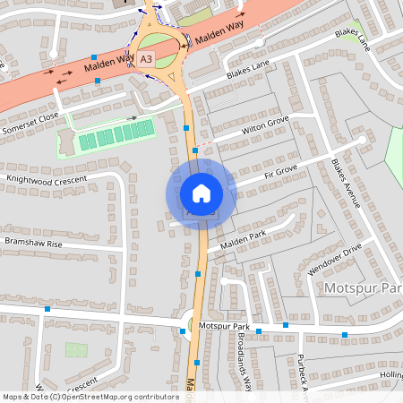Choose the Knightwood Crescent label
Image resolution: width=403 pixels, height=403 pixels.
coord(46,179)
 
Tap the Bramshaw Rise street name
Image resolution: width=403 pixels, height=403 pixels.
coord(32,243)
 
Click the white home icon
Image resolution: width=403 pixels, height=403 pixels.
coord(201,193)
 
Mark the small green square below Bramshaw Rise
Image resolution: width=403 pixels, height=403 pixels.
coord(77,349)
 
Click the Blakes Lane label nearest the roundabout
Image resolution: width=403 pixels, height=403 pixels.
coord(247,65)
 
